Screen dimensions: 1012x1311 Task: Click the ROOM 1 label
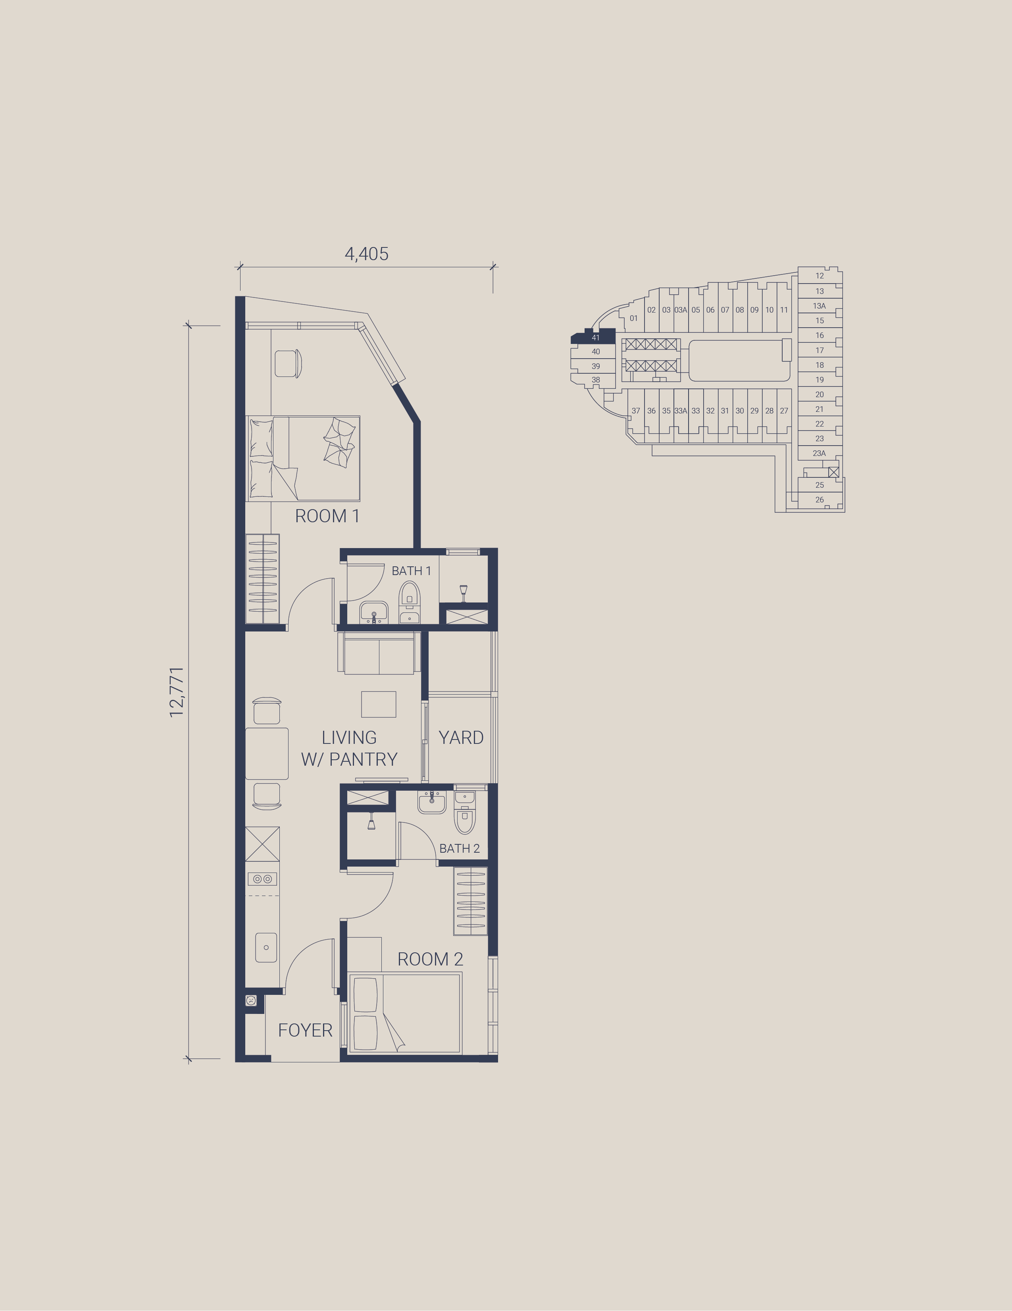pyautogui.click(x=327, y=516)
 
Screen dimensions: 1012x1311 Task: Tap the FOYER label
pyautogui.click(x=305, y=1030)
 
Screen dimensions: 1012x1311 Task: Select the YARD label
pyautogui.click(x=461, y=738)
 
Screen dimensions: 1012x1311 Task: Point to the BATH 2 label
pyautogui.click(x=460, y=848)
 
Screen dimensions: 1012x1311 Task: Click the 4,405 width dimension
pyautogui.click(x=367, y=254)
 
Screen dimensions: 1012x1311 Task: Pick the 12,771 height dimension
pyautogui.click(x=176, y=692)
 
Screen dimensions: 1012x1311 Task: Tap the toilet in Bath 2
pyautogui.click(x=465, y=813)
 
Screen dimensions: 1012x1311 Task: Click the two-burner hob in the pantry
pyautogui.click(x=262, y=879)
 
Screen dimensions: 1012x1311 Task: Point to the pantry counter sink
pyautogui.click(x=266, y=947)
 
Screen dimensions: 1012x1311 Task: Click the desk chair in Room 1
pyautogui.click(x=289, y=363)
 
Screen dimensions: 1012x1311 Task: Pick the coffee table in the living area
pyautogui.click(x=379, y=704)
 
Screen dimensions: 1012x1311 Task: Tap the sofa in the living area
pyautogui.click(x=379, y=653)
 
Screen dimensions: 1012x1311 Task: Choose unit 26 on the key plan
pyautogui.click(x=820, y=500)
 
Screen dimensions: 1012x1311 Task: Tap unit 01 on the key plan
pyautogui.click(x=633, y=318)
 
